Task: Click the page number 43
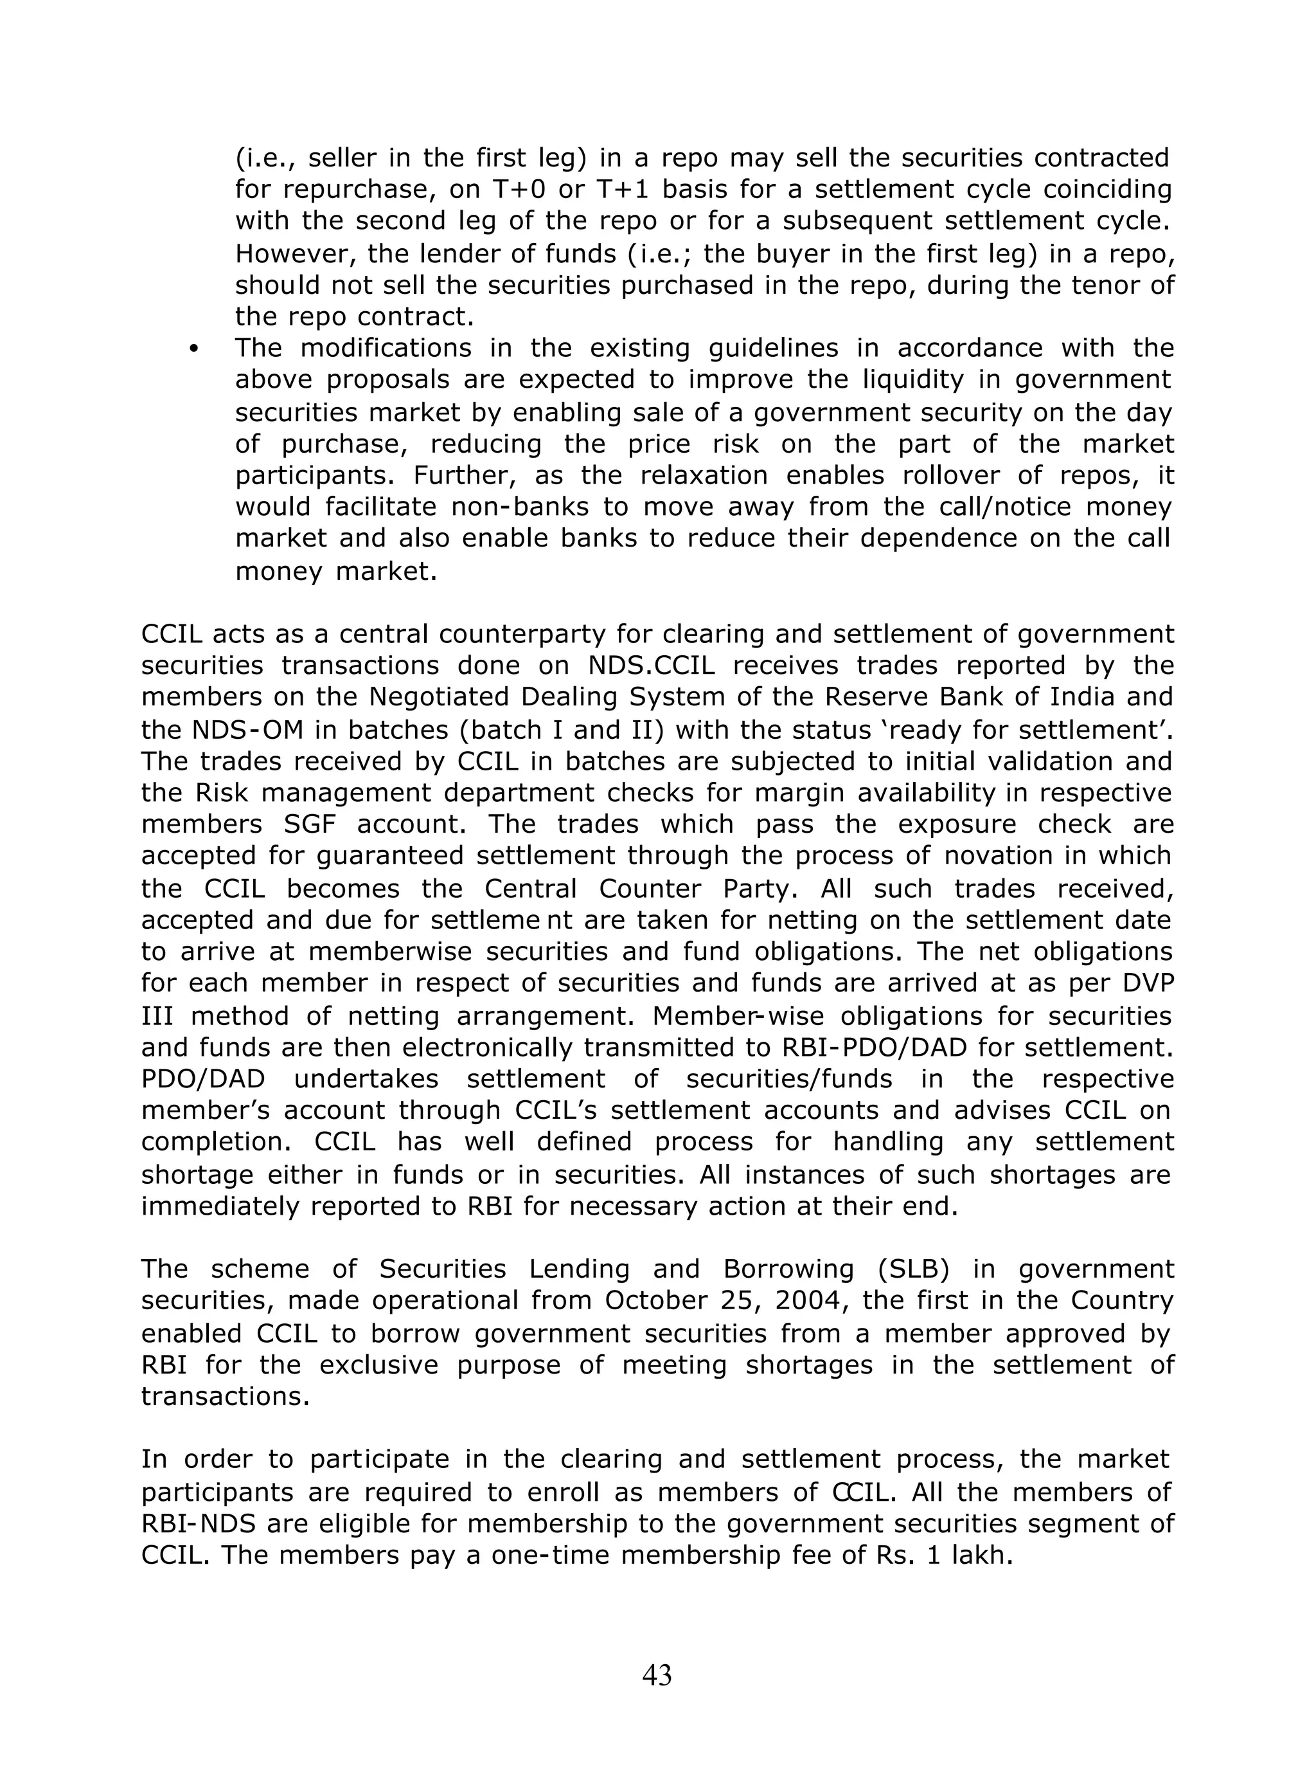[x=657, y=1676]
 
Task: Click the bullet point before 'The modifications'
[x=193, y=350]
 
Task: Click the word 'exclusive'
[x=378, y=1365]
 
